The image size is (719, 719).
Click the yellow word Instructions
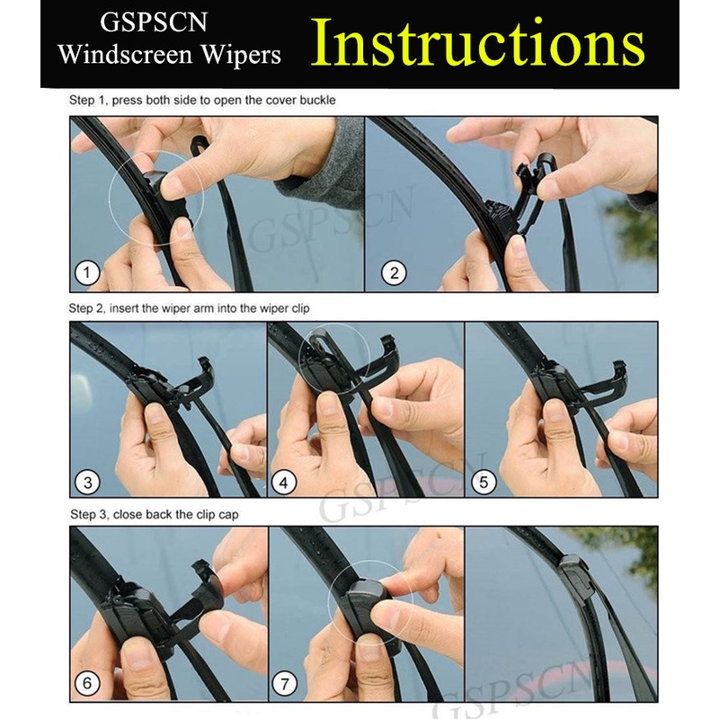[x=478, y=43]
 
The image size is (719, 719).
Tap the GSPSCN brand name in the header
[x=154, y=22]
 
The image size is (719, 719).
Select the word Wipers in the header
[x=241, y=55]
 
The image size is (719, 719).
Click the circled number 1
[x=86, y=273]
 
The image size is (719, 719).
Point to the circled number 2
[x=394, y=273]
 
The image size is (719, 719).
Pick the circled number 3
[x=87, y=483]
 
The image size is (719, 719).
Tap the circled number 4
[x=284, y=483]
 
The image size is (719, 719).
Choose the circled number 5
[x=484, y=483]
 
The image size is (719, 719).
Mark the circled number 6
[x=87, y=684]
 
